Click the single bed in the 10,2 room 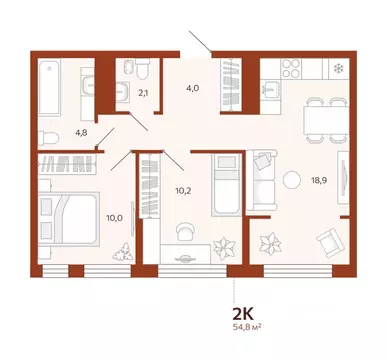tap(227, 186)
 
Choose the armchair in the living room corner tap(325, 241)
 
